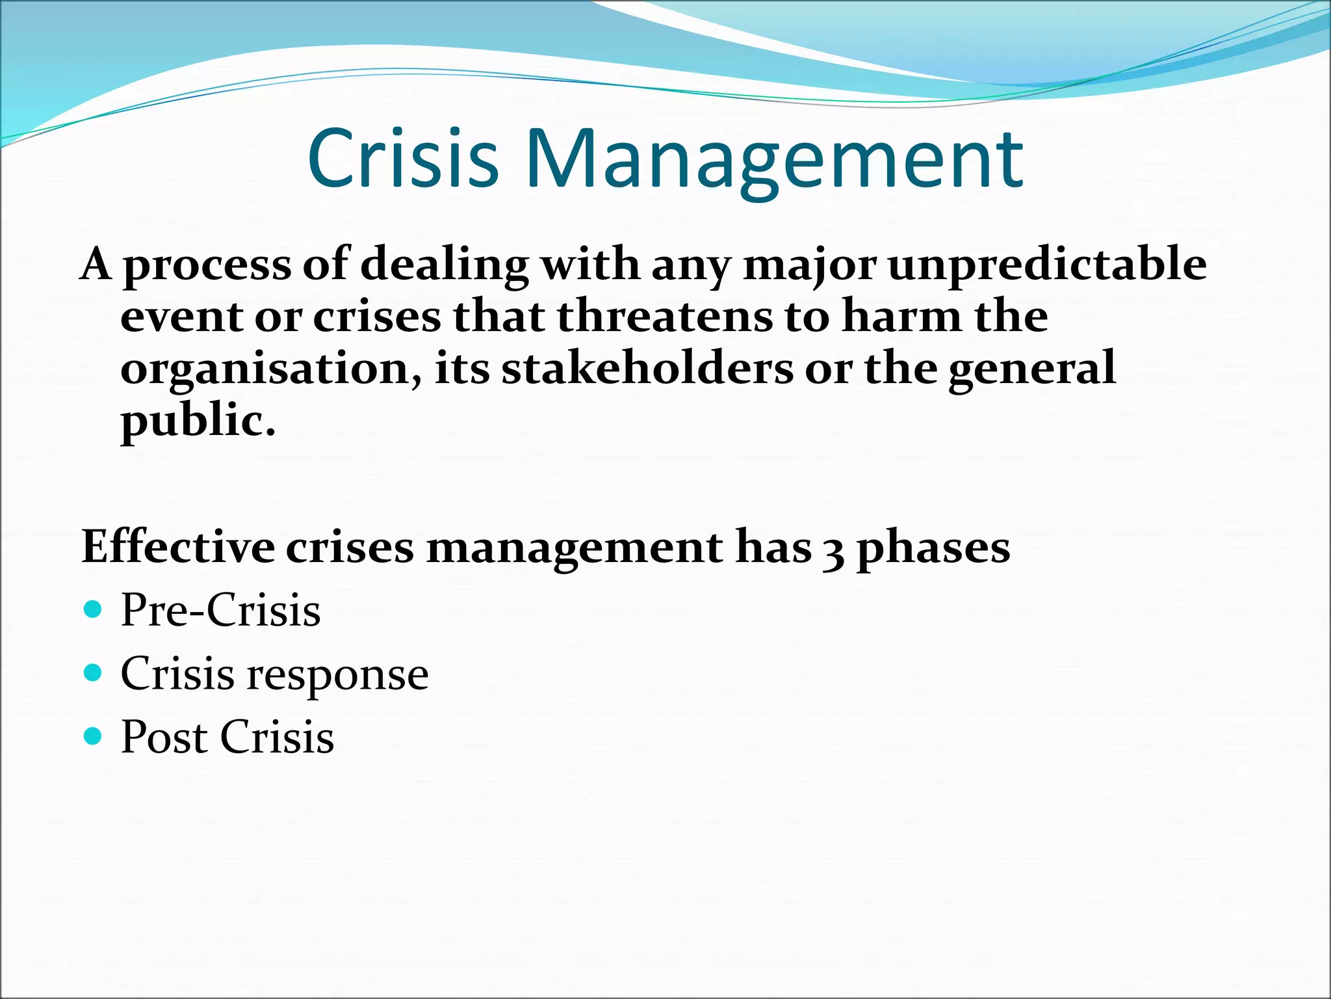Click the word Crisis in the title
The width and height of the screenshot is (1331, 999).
pos(403,159)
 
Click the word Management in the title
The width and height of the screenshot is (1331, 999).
pos(777,159)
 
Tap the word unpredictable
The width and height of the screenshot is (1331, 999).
pos(1047,265)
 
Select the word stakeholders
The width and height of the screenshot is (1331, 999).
pos(647,369)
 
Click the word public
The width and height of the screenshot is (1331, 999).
pos(198,421)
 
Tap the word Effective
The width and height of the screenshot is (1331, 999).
pos(178,547)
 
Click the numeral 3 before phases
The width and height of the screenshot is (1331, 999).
pos(833,550)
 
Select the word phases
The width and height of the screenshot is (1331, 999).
pos(933,548)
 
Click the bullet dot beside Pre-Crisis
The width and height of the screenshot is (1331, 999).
pos(94,609)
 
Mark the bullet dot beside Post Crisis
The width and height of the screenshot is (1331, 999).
pos(94,736)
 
